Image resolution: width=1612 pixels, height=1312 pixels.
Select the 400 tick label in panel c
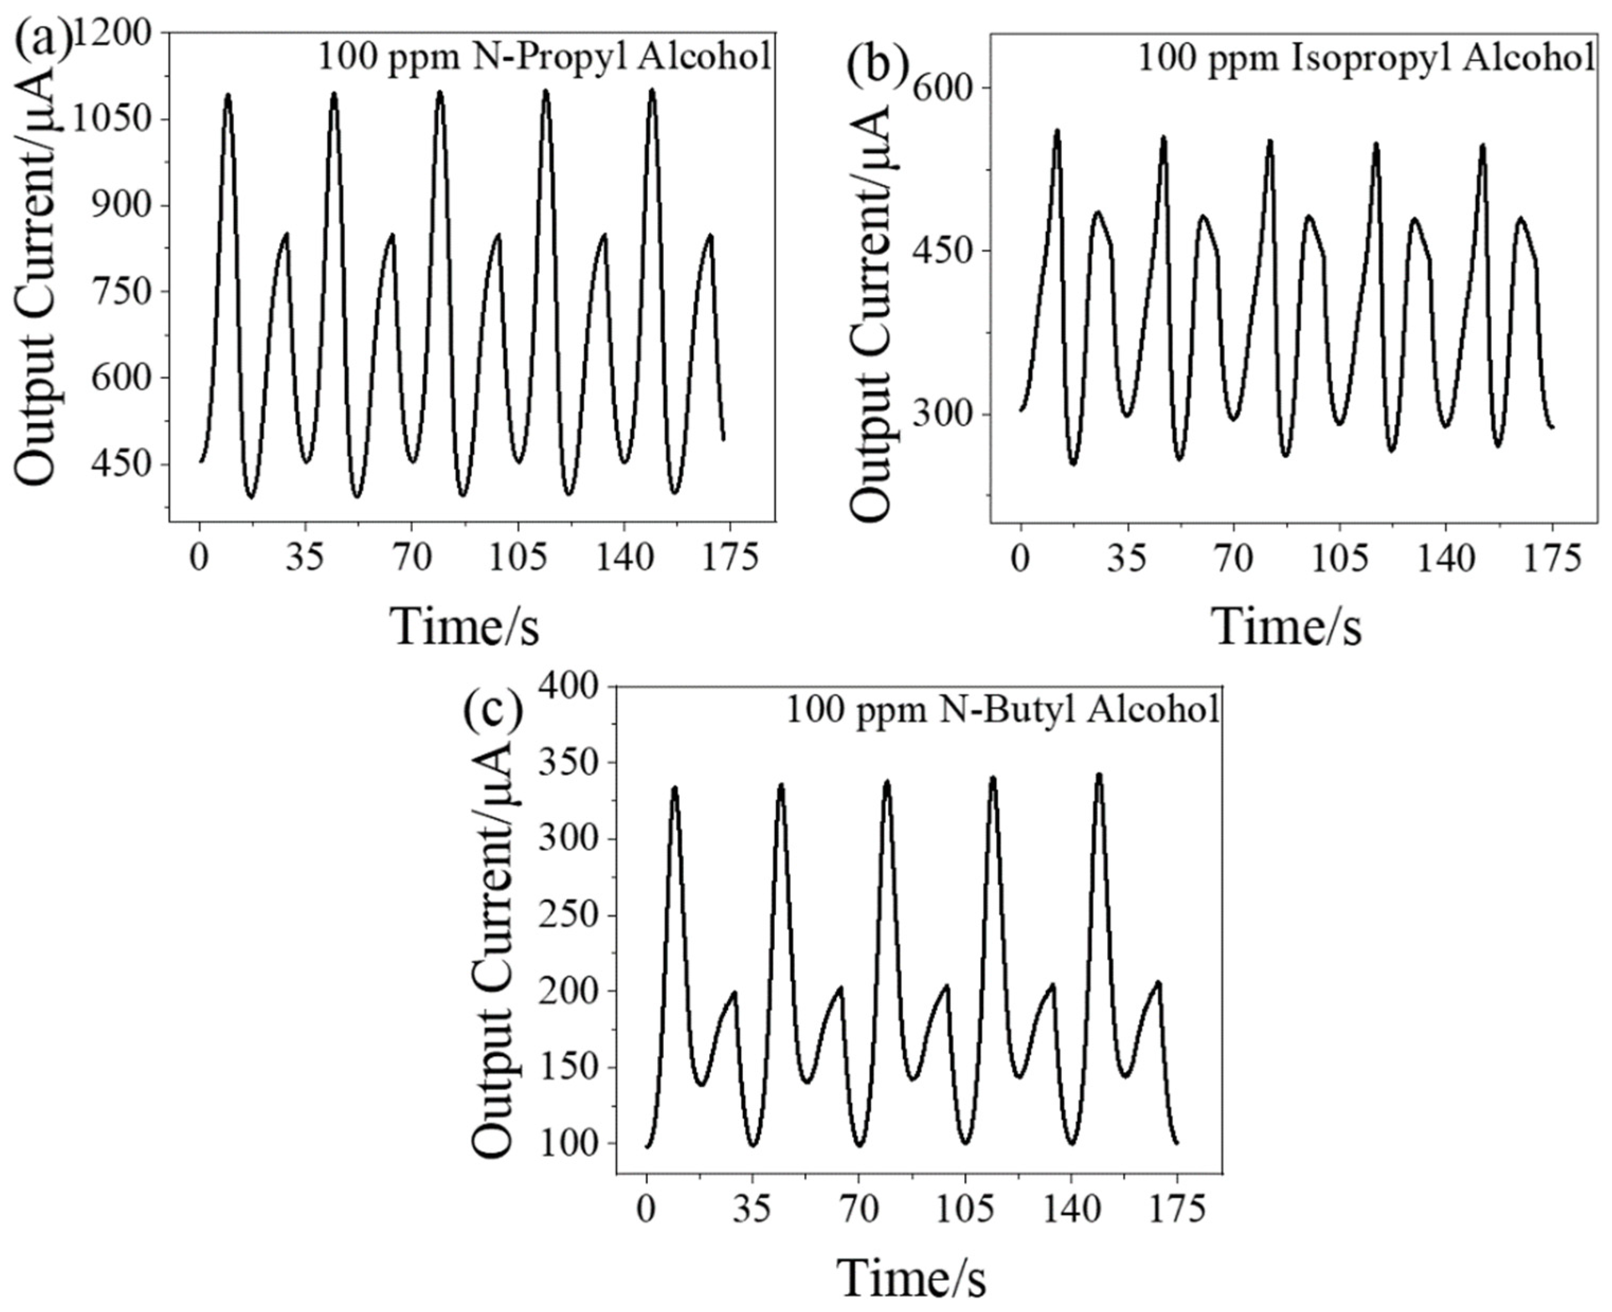point(574,686)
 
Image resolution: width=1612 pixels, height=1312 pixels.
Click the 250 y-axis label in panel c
point(574,915)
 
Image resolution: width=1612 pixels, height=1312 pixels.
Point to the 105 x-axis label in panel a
point(518,558)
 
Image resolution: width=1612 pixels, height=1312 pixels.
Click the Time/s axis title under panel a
point(465,626)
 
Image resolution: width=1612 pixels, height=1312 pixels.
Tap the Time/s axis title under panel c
point(911,1277)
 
